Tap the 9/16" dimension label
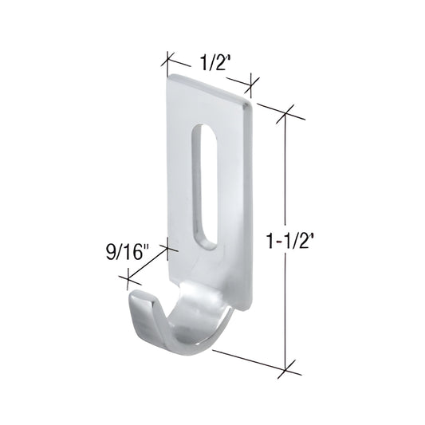point(127,254)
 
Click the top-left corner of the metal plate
point(170,77)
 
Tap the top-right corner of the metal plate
point(253,103)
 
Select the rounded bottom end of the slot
point(204,244)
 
